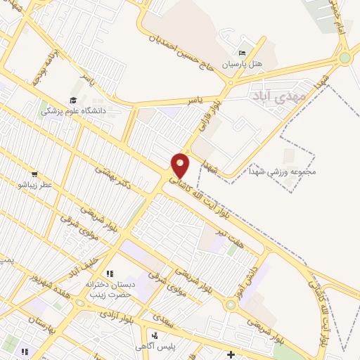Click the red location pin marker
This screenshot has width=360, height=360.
click(x=181, y=166)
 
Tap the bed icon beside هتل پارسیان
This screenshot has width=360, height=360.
click(x=243, y=53)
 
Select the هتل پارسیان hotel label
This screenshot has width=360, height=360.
click(x=243, y=64)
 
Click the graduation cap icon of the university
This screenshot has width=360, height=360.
click(x=73, y=101)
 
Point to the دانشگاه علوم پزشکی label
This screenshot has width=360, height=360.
click(x=73, y=111)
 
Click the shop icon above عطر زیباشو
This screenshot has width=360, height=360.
click(x=34, y=174)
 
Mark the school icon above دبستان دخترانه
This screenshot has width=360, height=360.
click(x=109, y=273)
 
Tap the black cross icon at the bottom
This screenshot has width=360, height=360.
click(x=231, y=353)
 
